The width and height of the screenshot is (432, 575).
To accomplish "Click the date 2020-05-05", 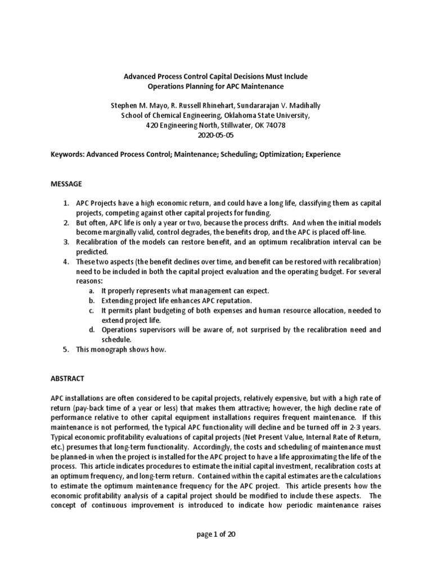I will click(x=215, y=135).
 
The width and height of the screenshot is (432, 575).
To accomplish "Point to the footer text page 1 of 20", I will click(x=215, y=534).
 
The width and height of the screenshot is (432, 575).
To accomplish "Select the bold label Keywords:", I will click(x=67, y=153).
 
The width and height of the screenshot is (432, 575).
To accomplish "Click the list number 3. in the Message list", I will click(x=66, y=242).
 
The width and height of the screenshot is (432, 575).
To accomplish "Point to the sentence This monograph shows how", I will click(x=121, y=349).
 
